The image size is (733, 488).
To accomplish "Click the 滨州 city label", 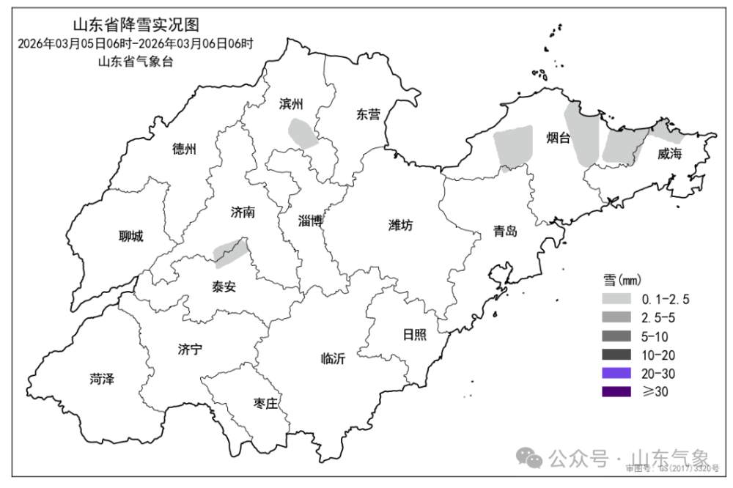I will coord(291,104).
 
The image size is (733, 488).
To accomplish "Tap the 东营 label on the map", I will coord(368,114).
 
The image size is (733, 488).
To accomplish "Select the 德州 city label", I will coord(185,149).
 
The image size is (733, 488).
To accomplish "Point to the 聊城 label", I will coord(131,236).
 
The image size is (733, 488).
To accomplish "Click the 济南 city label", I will coord(243,212).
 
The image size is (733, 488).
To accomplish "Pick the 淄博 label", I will coord(311,221).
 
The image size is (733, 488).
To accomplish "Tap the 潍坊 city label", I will coord(400,226).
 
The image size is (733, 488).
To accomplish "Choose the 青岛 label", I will coord(505,232).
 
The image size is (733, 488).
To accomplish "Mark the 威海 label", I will coord(669,154).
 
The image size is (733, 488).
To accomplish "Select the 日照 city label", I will coord(414,334).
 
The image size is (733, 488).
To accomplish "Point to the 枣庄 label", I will coord(265,404).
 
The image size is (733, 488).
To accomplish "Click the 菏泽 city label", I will coord(103,379).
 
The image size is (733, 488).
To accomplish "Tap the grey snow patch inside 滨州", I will coord(303,133).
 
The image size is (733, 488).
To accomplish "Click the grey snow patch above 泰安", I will coord(229,251).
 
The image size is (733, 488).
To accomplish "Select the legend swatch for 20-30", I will coord(616,374).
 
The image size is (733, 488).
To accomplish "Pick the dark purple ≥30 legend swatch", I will coord(616,392).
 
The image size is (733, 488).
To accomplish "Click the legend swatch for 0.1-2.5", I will coord(616,299).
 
